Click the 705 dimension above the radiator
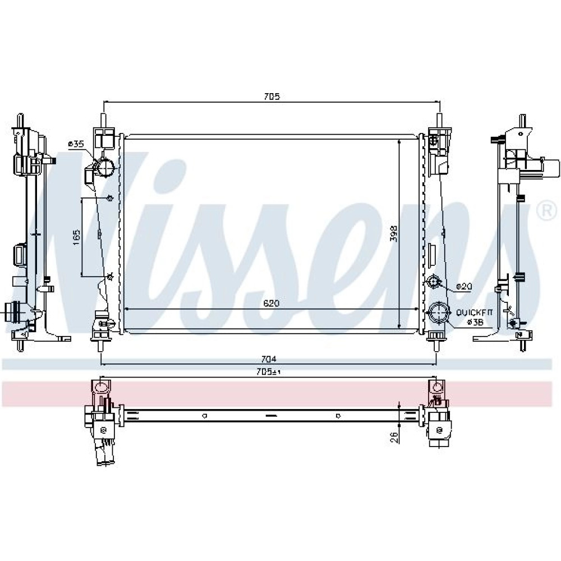point(272,96)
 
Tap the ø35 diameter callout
point(76,144)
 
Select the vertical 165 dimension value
point(76,237)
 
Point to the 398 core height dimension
point(394,233)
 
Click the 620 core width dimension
point(271,304)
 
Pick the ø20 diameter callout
point(464,287)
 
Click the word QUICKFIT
point(474,312)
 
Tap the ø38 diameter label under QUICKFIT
point(476,323)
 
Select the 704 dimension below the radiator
point(269,359)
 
